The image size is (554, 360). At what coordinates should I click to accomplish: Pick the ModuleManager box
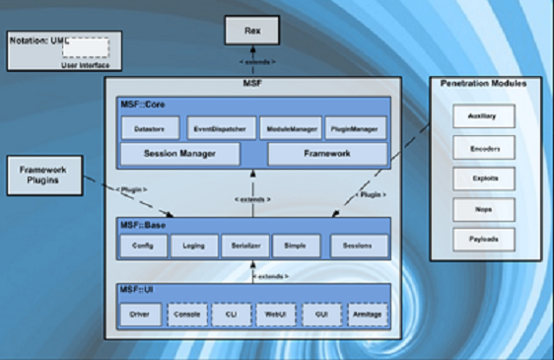click(288, 127)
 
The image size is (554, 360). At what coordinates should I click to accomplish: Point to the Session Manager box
click(179, 154)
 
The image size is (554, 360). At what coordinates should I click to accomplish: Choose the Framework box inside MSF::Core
click(327, 154)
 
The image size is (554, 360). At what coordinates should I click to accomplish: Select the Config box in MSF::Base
click(143, 244)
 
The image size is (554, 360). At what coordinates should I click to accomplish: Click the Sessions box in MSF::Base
click(358, 244)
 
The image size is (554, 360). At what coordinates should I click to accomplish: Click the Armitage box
click(367, 313)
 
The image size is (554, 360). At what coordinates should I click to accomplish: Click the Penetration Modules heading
click(483, 85)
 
